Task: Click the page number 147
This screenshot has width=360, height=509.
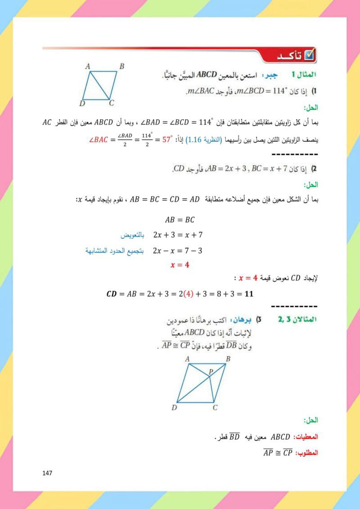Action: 47,473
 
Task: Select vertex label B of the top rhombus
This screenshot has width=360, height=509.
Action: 121,67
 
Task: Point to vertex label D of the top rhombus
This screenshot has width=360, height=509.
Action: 82,104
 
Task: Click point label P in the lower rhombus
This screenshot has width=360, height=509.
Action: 210,372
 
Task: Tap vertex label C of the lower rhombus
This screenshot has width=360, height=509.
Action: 215,408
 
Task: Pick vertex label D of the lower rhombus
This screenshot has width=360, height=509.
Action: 174,408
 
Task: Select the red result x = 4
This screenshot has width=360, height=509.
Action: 180,265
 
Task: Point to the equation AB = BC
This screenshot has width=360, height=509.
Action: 180,220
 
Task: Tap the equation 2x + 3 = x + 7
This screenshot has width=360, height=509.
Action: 178,235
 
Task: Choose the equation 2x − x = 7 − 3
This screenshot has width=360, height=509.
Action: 178,250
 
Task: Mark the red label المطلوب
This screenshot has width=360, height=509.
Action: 307,452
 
